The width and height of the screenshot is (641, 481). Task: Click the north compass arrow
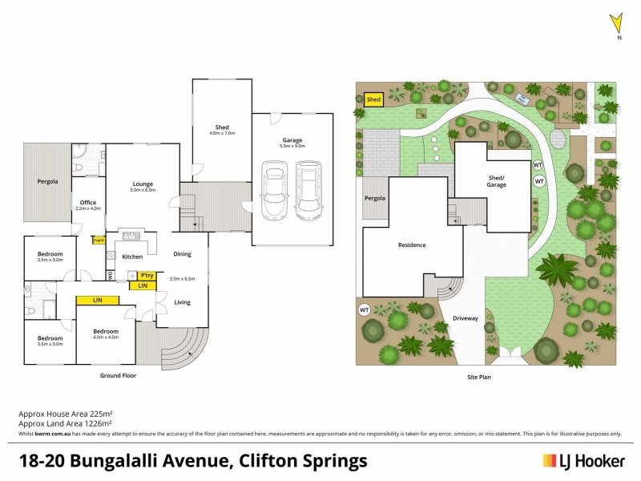click(616, 22)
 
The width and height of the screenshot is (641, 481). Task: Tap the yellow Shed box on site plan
click(373, 100)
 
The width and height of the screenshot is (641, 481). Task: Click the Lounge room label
click(143, 185)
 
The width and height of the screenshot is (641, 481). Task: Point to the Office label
click(88, 203)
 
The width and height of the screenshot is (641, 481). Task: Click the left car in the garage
click(275, 190)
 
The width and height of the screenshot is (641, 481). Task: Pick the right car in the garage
click(308, 190)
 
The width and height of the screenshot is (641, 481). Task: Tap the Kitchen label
click(131, 257)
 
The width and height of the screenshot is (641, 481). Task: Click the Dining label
click(182, 254)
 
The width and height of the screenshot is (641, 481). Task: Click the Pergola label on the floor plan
click(47, 181)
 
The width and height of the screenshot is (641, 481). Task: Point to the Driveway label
click(466, 318)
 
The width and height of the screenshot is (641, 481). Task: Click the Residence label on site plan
click(411, 245)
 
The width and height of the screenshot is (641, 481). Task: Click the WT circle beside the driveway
click(364, 309)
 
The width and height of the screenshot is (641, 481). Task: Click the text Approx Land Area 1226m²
click(65, 422)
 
